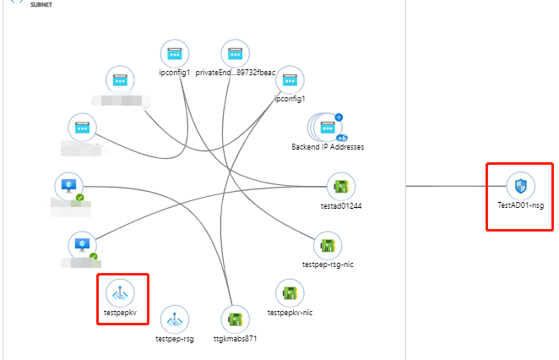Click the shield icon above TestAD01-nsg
click(519, 185)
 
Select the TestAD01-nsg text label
click(519, 205)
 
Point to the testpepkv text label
click(120, 314)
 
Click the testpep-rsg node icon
click(176, 319)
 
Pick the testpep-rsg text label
click(176, 339)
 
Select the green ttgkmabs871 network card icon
click(235, 319)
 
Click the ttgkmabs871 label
click(235, 339)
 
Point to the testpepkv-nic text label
click(290, 314)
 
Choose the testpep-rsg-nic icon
click(327, 246)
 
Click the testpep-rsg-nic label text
click(327, 265)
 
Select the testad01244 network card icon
click(341, 186)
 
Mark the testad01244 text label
click(341, 205)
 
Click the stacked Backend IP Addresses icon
click(326, 128)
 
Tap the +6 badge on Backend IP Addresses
click(342, 137)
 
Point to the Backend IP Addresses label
click(328, 147)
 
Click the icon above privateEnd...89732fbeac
click(235, 54)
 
